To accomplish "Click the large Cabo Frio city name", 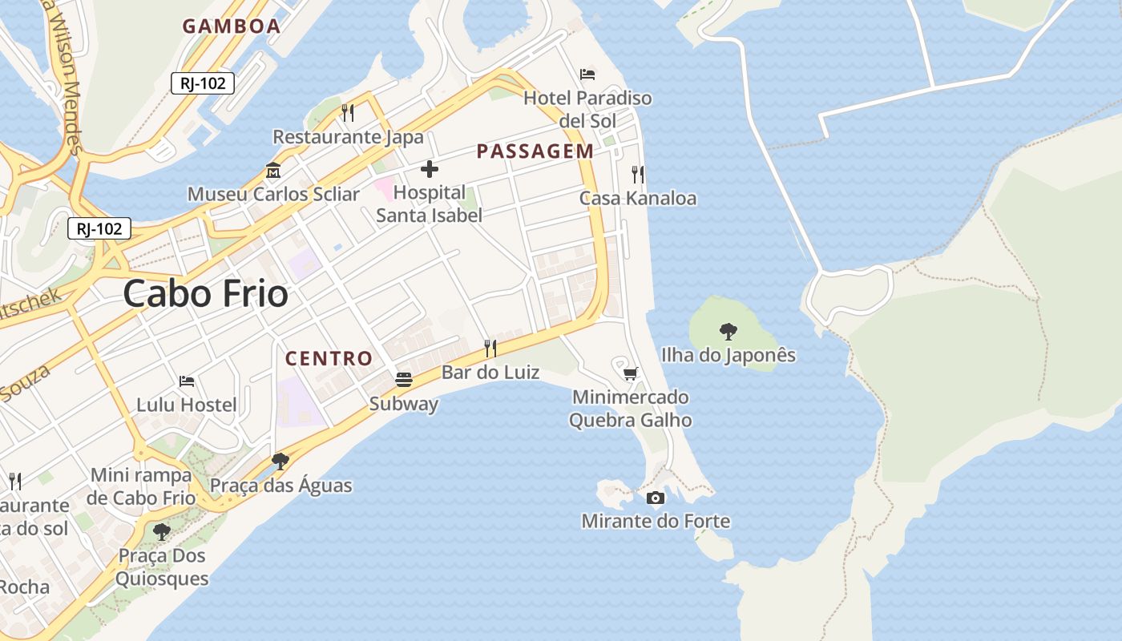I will (x=205, y=293).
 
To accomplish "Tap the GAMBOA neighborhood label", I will (x=232, y=26).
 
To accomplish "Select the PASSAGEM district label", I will (x=535, y=151).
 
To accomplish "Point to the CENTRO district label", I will (x=329, y=358).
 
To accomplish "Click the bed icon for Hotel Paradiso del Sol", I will (x=587, y=75).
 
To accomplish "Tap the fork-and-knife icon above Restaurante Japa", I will (x=348, y=113).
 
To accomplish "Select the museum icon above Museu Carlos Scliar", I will (x=273, y=171).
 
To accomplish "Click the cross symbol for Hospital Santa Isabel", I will (x=430, y=169).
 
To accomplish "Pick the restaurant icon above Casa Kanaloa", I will (x=638, y=174).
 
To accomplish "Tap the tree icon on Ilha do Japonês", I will (x=728, y=331).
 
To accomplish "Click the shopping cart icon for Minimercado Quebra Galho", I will (x=630, y=373).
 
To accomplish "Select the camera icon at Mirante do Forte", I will (x=656, y=498).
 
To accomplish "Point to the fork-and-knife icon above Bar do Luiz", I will (x=490, y=349).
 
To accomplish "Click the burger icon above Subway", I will (x=404, y=380).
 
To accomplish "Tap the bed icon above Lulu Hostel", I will (x=187, y=381).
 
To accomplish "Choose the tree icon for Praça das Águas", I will (x=280, y=462).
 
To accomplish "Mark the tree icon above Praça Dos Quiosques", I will (x=162, y=531).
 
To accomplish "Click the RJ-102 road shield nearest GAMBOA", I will (x=203, y=83).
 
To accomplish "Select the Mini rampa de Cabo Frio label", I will (x=142, y=486).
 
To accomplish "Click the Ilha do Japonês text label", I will (x=728, y=355).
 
